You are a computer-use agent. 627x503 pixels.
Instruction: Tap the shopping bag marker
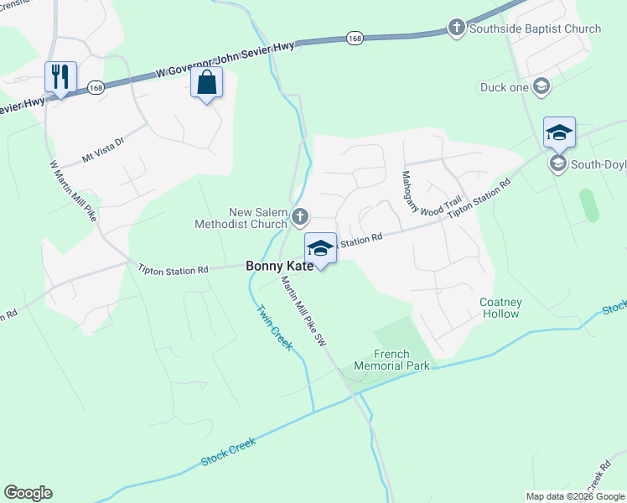click(x=206, y=84)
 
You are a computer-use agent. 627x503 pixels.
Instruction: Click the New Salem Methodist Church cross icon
click(x=301, y=219)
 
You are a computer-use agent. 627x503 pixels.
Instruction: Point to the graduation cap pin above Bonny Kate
click(x=319, y=248)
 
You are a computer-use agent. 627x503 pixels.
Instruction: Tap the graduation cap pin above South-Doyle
click(x=559, y=132)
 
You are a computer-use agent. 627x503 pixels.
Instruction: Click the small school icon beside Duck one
click(x=541, y=86)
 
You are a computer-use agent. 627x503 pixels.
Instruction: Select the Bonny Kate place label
click(x=279, y=266)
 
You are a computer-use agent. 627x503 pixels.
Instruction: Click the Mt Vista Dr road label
click(x=102, y=150)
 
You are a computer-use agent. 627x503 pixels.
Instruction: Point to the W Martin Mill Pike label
click(x=73, y=191)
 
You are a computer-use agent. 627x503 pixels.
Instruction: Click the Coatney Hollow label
click(x=500, y=308)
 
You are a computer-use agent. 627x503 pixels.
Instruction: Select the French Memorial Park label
click(x=391, y=360)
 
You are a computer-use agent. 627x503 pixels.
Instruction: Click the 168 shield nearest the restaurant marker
click(x=97, y=87)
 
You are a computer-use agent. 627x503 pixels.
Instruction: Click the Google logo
click(x=28, y=493)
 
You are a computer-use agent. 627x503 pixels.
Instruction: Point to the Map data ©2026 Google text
click(x=575, y=496)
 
